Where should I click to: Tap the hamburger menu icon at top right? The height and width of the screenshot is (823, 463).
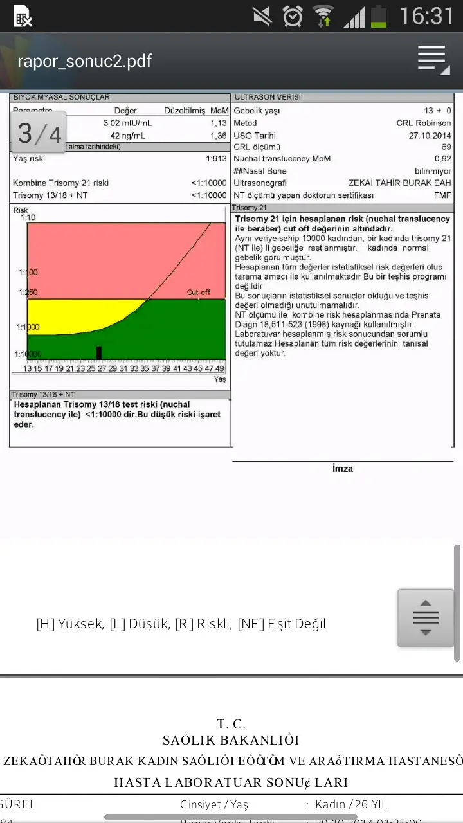pyautogui.click(x=433, y=60)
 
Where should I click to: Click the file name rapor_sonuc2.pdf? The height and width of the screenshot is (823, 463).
pyautogui.click(x=84, y=61)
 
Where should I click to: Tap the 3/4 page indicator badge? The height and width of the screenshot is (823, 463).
pyautogui.click(x=39, y=132)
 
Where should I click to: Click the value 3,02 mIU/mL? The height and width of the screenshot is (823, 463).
pyautogui.click(x=127, y=123)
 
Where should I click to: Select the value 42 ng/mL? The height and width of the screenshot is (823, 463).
pyautogui.click(x=127, y=136)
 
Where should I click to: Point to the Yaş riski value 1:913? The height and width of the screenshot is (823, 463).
pyautogui.click(x=216, y=158)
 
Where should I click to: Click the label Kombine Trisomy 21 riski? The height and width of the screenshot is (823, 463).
pyautogui.click(x=60, y=183)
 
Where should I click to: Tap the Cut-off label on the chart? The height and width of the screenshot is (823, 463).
pyautogui.click(x=198, y=293)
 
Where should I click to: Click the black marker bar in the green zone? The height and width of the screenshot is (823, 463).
pyautogui.click(x=99, y=352)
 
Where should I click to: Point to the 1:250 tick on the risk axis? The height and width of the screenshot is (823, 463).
pyautogui.click(x=29, y=293)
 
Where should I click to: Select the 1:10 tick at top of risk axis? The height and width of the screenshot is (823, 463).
pyautogui.click(x=28, y=217)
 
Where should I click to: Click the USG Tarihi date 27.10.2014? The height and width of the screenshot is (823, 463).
pyautogui.click(x=430, y=136)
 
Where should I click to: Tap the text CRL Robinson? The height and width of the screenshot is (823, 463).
pyautogui.click(x=423, y=123)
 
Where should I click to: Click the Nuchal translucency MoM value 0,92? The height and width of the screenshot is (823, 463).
pyautogui.click(x=442, y=159)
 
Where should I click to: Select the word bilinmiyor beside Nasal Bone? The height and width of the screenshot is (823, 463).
pyautogui.click(x=433, y=171)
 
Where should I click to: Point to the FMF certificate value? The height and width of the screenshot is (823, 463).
pyautogui.click(x=442, y=195)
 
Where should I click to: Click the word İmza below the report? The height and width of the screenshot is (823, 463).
pyautogui.click(x=342, y=469)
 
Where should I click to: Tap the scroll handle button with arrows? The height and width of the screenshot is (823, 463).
pyautogui.click(x=426, y=618)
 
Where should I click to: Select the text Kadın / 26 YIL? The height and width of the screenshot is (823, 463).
pyautogui.click(x=351, y=804)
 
